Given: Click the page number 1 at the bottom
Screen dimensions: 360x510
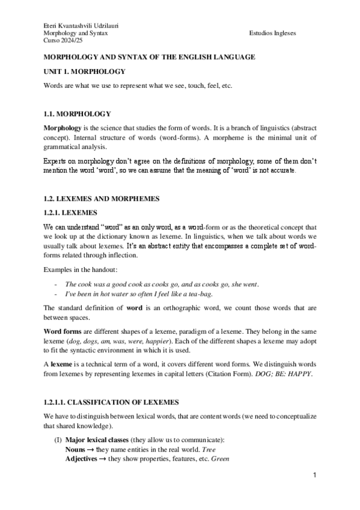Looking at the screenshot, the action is tap(314, 476).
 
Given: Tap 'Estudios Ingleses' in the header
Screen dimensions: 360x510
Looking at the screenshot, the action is tap(271, 33).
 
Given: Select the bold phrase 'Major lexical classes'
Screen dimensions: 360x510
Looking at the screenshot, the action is tap(97, 439).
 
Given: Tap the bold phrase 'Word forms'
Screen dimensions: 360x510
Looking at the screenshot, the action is tap(62, 331).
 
